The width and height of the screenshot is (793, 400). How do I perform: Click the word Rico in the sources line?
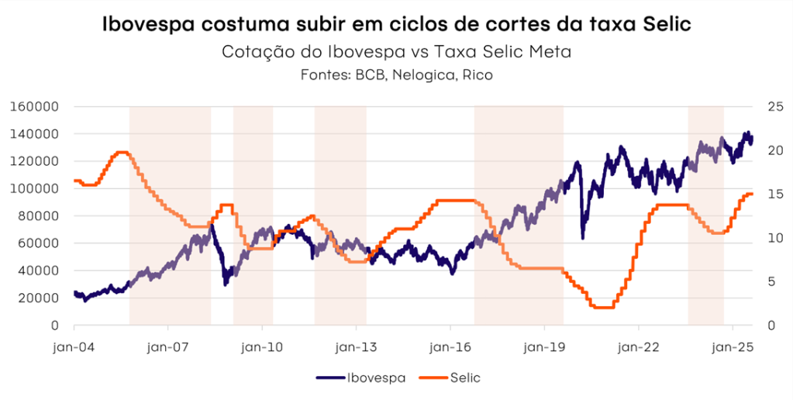click(478, 75)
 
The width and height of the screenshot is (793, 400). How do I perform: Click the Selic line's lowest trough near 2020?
click(602, 307)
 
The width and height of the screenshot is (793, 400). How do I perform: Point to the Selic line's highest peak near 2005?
click(122, 152)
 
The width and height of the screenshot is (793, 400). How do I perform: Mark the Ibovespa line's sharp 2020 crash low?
click(583, 237)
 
